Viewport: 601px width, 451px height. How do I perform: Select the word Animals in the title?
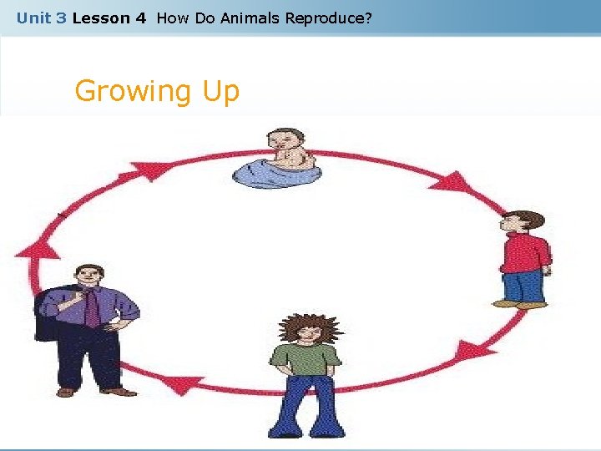tap(251, 18)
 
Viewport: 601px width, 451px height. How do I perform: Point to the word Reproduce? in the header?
tap(328, 18)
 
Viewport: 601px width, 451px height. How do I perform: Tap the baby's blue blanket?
tap(275, 173)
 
